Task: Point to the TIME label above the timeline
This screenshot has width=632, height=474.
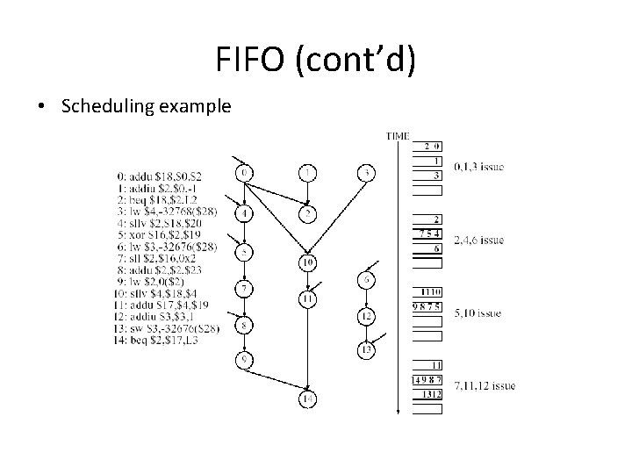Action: (398, 136)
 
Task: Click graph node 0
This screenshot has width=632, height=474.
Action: (246, 173)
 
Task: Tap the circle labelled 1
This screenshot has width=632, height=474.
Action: (307, 173)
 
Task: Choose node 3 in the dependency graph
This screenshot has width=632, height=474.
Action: (365, 173)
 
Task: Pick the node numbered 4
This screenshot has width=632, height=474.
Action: (246, 213)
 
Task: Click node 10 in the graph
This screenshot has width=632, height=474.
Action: (307, 262)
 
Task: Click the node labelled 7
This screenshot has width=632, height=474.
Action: (246, 288)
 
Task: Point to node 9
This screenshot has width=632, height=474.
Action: (246, 358)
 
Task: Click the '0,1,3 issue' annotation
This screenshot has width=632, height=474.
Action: (478, 167)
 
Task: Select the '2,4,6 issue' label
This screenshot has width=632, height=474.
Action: (478, 240)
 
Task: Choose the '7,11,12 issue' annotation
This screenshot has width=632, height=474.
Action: (485, 385)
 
